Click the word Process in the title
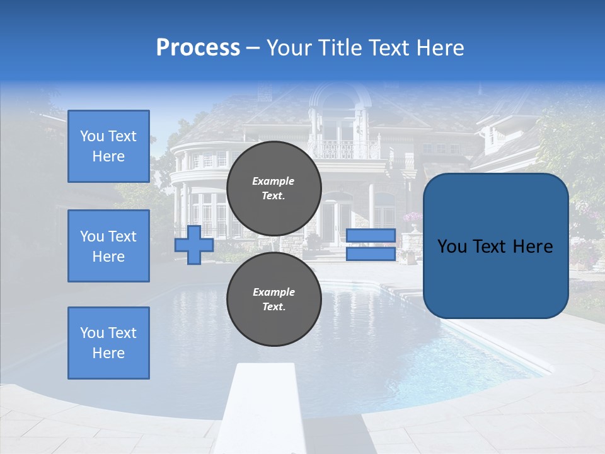click(x=198, y=48)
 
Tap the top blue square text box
click(x=108, y=146)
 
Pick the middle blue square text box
click(x=108, y=246)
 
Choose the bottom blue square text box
click(x=108, y=343)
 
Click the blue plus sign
click(x=194, y=245)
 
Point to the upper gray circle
click(x=274, y=188)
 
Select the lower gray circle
click(x=274, y=299)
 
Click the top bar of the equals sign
click(x=371, y=236)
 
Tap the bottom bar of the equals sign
click(x=371, y=254)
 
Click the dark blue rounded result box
click(x=495, y=246)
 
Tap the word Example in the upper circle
click(x=273, y=181)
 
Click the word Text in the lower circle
click(x=273, y=307)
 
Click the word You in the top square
click(x=91, y=136)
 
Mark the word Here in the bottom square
click(x=108, y=353)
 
